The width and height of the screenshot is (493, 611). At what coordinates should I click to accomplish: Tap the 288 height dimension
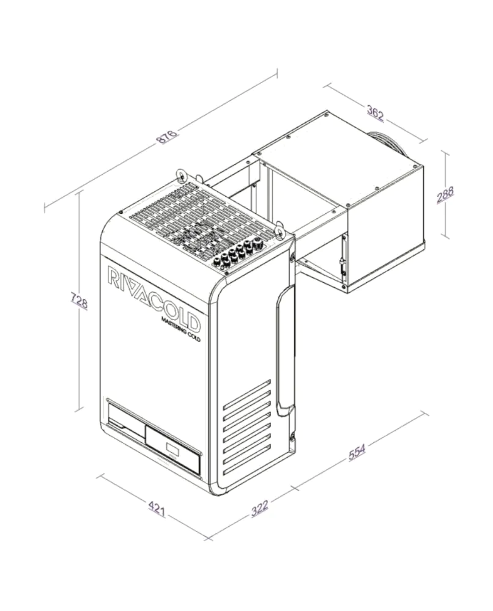(x=445, y=195)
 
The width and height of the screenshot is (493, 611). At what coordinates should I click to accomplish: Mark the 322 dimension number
(x=259, y=509)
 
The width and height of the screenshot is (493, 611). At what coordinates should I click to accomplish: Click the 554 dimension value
(x=357, y=452)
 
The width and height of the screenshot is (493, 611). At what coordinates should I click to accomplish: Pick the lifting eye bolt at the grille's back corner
(x=182, y=175)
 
